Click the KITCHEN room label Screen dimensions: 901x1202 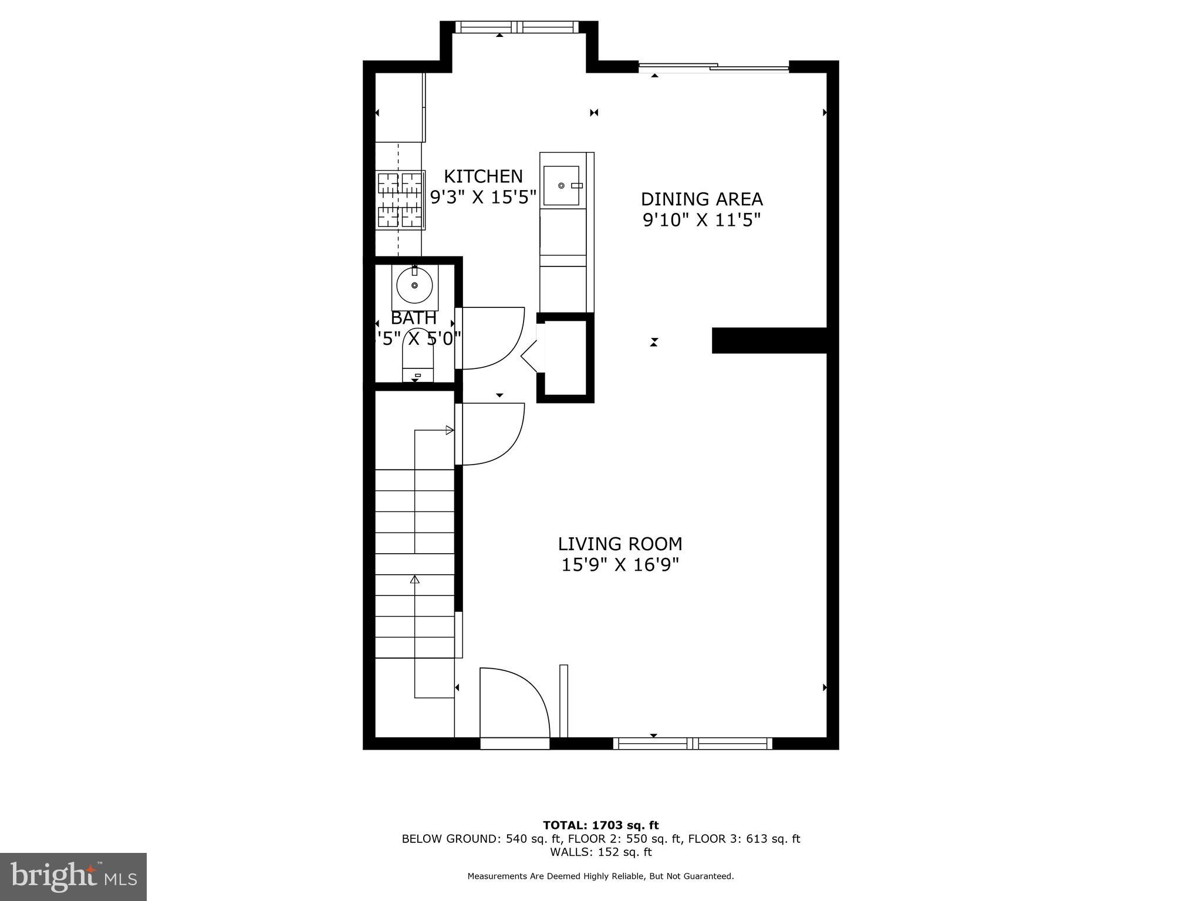[483, 176]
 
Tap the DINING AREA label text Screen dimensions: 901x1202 [701, 199]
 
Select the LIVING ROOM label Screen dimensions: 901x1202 [620, 544]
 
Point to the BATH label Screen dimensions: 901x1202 [414, 318]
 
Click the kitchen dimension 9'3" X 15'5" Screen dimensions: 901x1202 [483, 197]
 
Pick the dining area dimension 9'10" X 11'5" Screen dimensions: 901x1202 [701, 220]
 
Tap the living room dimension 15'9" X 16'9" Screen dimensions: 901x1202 [620, 565]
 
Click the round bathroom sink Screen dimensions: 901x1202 [414, 286]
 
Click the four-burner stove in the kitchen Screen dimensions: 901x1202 [400, 200]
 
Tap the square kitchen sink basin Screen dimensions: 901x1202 [562, 185]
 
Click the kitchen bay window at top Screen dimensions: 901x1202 [516, 27]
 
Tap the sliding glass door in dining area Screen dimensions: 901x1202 [713, 67]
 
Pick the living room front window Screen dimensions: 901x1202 [693, 743]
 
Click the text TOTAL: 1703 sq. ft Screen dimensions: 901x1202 [600, 825]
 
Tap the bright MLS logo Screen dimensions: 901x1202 [73, 876]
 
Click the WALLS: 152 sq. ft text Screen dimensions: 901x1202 [600, 852]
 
